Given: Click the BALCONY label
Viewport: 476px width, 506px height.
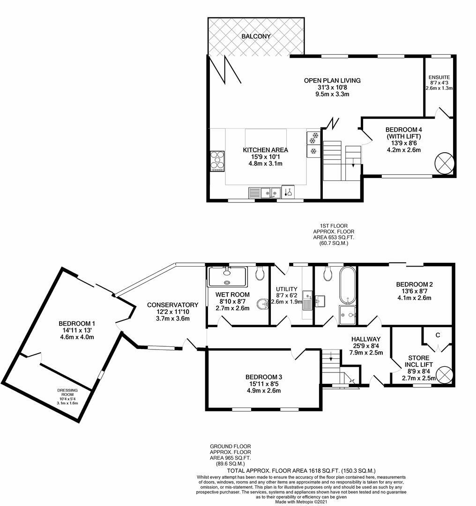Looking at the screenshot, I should tap(256, 36).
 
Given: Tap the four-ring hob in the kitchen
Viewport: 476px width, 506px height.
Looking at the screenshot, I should tap(217, 161).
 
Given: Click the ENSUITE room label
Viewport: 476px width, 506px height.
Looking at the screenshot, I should tap(439, 77).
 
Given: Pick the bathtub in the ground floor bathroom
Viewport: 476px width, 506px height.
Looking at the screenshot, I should tap(347, 285).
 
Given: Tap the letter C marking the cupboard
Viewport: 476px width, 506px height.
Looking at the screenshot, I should tap(437, 335).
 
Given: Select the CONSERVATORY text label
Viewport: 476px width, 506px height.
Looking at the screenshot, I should tap(172, 305).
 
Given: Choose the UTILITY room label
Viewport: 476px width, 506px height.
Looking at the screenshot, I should tap(287, 289).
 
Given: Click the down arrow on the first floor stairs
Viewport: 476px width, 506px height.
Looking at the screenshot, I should tap(353, 165).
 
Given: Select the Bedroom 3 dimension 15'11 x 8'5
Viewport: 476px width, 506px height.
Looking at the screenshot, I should tap(264, 384).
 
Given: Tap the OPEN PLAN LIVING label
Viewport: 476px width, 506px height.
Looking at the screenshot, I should tap(332, 81).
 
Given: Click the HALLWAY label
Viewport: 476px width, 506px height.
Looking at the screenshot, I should tap(366, 339).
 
